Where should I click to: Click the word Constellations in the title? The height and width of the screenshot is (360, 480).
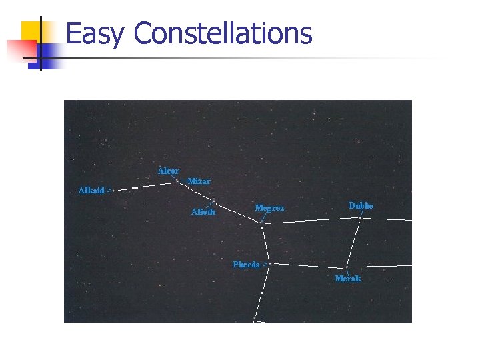point(223,33)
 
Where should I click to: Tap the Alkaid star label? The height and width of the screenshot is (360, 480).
point(92,191)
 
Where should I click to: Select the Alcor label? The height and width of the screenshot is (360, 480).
point(168,171)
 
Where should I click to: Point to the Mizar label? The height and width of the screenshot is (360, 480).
point(199,181)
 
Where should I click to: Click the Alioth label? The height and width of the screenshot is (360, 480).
point(203,212)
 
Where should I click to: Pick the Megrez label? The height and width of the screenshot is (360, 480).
point(269,208)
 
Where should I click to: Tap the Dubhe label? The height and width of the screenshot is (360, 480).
point(361,206)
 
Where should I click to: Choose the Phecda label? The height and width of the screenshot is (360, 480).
point(247,265)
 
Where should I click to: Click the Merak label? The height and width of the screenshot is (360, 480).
point(347,279)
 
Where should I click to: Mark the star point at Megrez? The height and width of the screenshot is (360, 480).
point(262,225)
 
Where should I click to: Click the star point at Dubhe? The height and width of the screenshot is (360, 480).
point(360,217)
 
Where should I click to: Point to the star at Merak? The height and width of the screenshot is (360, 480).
point(347,268)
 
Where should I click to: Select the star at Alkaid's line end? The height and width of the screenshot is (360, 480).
point(115,191)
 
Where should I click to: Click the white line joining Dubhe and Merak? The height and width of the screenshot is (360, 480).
point(354,243)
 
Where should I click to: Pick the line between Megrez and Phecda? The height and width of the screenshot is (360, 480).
point(265,243)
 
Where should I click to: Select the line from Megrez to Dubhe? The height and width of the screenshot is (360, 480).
point(310,221)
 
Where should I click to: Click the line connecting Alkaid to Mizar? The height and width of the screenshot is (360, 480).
point(145,185)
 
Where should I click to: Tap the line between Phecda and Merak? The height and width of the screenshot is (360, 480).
point(307,265)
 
